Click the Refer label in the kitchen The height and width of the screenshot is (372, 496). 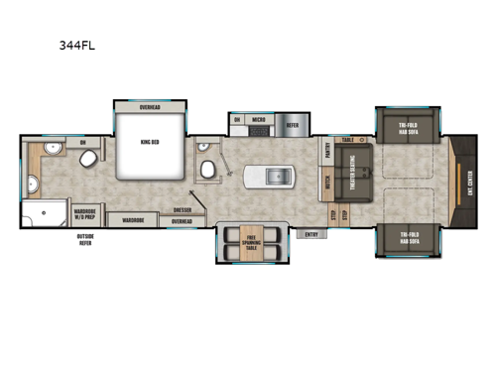292,125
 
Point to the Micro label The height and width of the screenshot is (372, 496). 258,120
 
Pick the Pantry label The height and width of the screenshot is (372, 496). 327,150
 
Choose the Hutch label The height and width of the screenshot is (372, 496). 327,183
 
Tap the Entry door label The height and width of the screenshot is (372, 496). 311,234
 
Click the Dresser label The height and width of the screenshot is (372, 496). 182,210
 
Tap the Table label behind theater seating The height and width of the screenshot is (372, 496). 347,141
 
